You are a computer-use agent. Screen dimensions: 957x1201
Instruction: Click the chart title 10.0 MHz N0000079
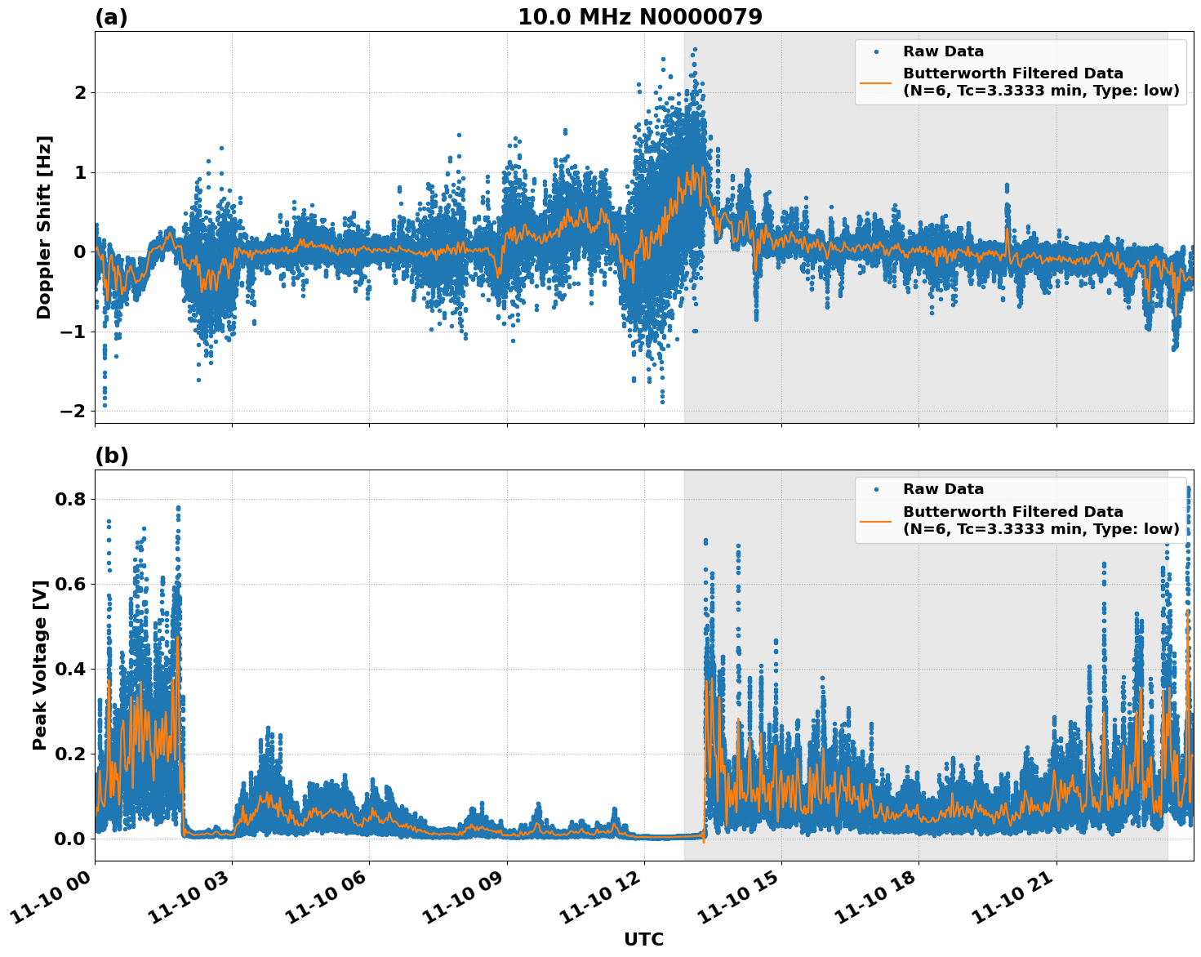point(639,17)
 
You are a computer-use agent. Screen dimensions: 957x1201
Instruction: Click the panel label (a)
point(111,17)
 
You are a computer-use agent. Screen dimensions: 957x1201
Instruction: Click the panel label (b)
point(112,456)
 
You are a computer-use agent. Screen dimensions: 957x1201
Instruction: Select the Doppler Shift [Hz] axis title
point(44,227)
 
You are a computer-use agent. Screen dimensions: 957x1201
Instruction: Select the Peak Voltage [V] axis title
point(40,665)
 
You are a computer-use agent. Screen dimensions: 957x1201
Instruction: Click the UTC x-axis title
point(643,939)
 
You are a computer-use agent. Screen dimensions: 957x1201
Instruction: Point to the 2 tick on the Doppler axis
point(80,93)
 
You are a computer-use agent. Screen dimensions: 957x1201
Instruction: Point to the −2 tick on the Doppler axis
point(73,412)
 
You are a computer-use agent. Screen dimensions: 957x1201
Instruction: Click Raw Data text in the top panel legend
point(943,52)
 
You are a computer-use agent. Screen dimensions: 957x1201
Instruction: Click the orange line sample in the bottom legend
point(875,520)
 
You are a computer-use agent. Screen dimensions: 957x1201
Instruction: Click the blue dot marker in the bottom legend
point(875,490)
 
